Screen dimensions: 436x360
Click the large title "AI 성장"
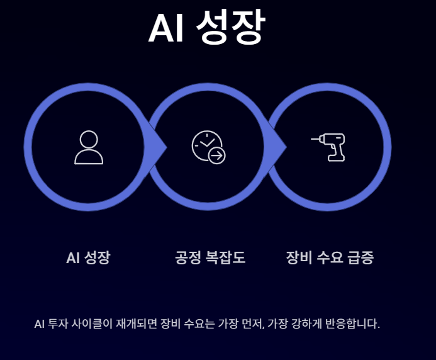tap(207, 28)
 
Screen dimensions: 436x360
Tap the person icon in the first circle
tap(89, 147)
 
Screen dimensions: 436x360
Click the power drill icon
tap(328, 147)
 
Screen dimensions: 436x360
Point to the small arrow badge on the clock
tap(217, 155)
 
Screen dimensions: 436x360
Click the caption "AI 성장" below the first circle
tap(88, 257)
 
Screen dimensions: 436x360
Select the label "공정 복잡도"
tap(210, 257)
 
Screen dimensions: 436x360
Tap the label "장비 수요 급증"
tap(330, 257)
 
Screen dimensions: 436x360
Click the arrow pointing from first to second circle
tap(159, 147)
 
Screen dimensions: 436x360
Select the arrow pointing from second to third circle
tap(279, 147)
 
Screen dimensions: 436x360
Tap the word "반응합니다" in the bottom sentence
tap(353, 325)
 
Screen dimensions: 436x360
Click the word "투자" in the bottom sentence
tap(57, 325)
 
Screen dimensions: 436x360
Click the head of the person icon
tap(89, 139)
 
